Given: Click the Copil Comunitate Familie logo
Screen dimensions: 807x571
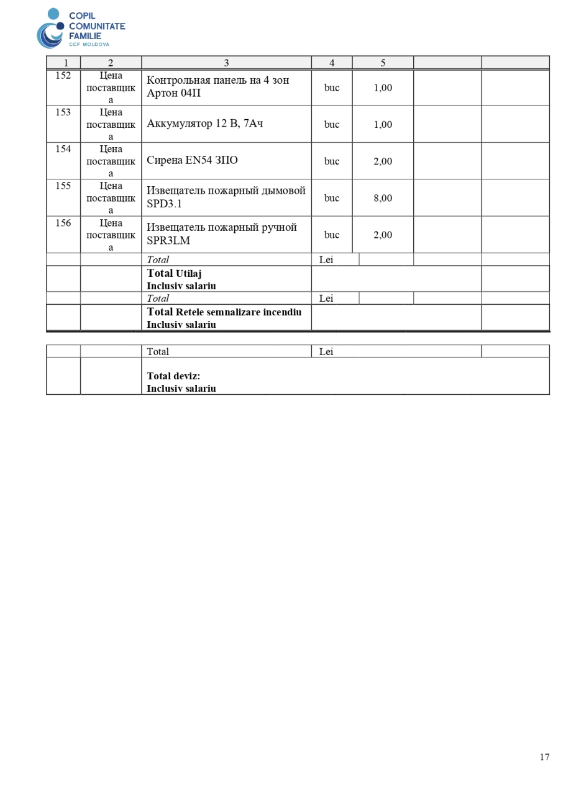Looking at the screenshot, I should [80, 28].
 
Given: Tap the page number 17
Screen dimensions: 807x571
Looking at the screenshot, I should [544, 757].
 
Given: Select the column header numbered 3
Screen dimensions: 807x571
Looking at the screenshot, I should [226, 63].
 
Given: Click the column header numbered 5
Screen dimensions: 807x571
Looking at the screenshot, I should [383, 63].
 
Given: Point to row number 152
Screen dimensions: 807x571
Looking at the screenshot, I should [63, 76].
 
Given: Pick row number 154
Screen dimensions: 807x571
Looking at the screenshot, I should [63, 149].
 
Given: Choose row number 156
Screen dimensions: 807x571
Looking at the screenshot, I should [63, 223].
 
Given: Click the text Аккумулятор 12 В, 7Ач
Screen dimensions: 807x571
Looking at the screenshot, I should [204, 124].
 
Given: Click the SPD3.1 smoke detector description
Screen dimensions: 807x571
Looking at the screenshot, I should [226, 197].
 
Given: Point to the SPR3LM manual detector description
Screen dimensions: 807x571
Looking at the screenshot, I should [221, 234].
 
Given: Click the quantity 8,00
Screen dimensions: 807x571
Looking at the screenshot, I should [383, 198].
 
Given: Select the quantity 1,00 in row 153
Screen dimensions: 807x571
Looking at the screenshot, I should [383, 124].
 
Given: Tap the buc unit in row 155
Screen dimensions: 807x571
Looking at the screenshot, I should [332, 198].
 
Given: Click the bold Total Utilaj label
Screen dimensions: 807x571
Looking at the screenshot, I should [174, 273].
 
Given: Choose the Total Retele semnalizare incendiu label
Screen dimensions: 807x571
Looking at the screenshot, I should [224, 312].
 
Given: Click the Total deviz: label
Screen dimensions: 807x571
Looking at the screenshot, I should [173, 376].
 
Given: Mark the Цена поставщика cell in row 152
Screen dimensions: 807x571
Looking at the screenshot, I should [111, 88].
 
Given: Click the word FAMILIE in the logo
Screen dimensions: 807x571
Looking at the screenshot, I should [85, 36].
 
